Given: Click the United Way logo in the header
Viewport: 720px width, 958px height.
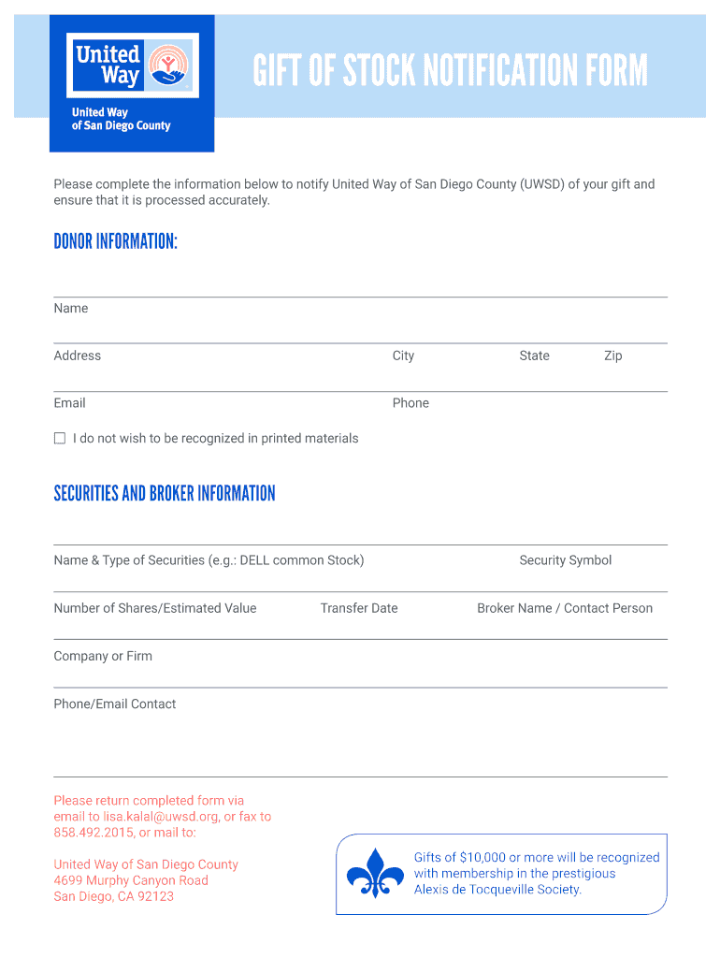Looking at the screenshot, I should [131, 65].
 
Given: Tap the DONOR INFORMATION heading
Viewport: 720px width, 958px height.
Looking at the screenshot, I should [115, 241].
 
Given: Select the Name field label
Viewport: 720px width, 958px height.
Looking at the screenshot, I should [71, 308].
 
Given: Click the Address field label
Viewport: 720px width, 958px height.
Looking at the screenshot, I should [78, 356].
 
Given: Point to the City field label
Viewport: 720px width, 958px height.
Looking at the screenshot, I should [403, 356].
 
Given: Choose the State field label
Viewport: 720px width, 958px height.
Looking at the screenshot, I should [534, 356].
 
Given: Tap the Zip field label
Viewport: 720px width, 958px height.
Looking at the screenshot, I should [612, 356].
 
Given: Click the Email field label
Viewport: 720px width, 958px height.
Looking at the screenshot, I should [69, 403].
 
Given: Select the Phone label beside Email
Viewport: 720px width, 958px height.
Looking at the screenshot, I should [410, 403].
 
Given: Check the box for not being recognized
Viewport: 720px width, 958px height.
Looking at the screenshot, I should [60, 438].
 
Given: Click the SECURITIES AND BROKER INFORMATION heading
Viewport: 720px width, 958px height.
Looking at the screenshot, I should [165, 493].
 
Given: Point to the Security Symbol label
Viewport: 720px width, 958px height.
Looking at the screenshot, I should [565, 560].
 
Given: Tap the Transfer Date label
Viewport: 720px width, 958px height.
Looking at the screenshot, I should [359, 608].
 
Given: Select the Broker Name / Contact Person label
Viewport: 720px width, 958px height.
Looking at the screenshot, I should [565, 608].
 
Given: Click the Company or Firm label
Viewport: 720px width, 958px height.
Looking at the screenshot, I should [103, 656].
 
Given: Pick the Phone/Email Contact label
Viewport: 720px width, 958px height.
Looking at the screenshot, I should [115, 704].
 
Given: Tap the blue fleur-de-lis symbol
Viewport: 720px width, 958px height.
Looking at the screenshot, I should [375, 874].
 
